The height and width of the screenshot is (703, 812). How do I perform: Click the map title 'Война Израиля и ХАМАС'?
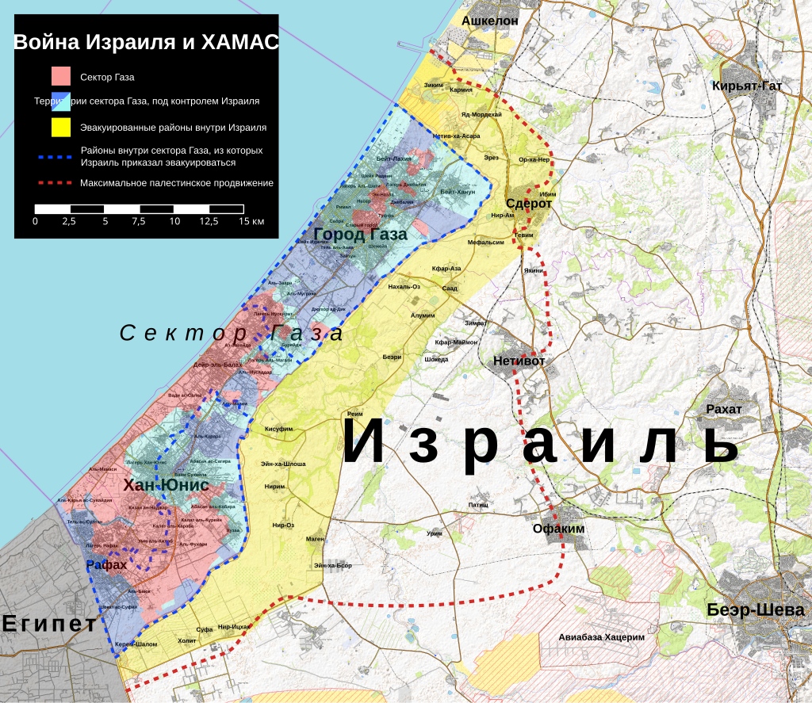tap(146, 43)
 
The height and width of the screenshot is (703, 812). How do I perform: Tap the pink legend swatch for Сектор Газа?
tap(62, 77)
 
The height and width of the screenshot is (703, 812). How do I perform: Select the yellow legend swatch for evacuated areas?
tap(62, 127)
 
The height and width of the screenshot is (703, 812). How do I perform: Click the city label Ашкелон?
tap(490, 21)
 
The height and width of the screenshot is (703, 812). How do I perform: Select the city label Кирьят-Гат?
tap(748, 86)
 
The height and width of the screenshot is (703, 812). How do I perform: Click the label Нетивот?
tap(520, 361)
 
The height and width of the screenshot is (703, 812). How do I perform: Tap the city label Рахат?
tap(723, 409)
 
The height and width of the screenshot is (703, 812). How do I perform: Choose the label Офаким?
tap(558, 529)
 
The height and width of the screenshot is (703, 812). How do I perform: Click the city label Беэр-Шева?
tap(756, 610)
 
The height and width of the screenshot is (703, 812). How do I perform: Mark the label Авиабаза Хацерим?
tap(601, 636)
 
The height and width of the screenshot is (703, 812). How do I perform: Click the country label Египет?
tap(49, 623)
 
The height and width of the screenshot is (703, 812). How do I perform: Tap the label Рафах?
tap(106, 565)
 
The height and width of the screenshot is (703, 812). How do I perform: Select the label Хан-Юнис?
tap(166, 485)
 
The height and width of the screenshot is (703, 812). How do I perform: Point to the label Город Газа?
tap(360, 235)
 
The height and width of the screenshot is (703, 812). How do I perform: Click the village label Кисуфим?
tap(278, 429)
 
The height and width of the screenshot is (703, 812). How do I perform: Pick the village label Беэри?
tap(392, 357)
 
